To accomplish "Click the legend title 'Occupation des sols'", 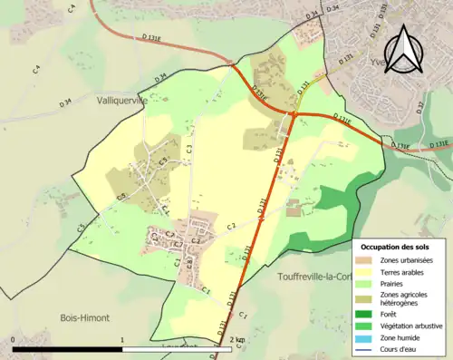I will (x=396, y=247).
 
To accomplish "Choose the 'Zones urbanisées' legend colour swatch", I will (x=367, y=260).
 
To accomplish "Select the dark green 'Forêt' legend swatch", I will (x=367, y=315).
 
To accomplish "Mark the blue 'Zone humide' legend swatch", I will (x=367, y=337).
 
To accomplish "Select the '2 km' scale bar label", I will (x=238, y=340).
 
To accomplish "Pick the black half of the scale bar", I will (x=68, y=348).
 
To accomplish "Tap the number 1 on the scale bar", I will (x=121, y=340).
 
